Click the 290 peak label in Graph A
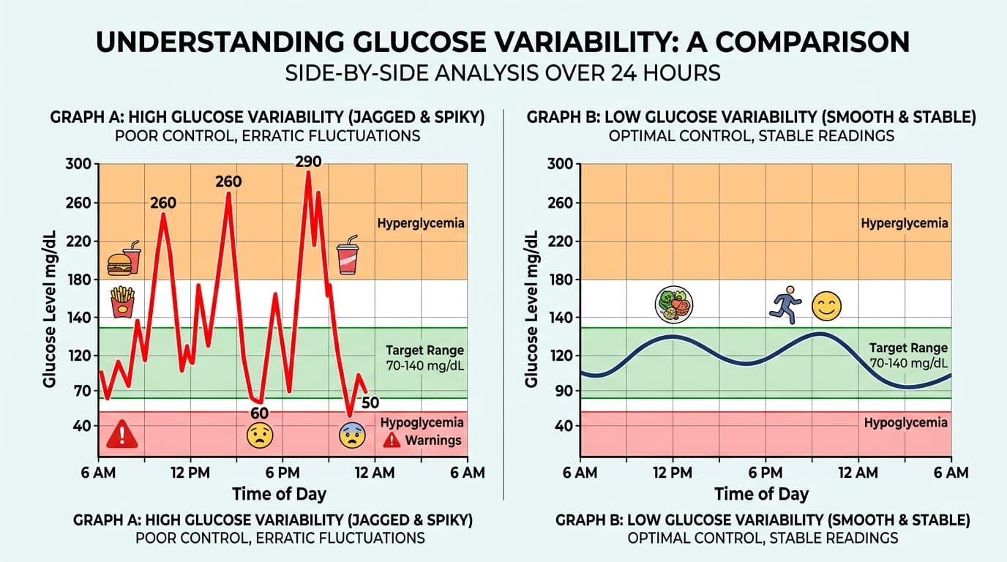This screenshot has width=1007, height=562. click(x=308, y=162)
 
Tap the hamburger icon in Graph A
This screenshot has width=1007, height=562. click(x=119, y=264)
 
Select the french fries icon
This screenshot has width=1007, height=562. click(x=123, y=301)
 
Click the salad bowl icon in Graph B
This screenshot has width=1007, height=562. click(x=673, y=304)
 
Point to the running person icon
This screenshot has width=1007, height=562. click(x=786, y=305)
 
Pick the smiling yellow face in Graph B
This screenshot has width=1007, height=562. click(x=827, y=305)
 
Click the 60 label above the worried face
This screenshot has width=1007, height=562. click(x=260, y=413)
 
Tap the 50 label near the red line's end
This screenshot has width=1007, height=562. click(x=370, y=402)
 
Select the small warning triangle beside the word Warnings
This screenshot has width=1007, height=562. click(x=392, y=440)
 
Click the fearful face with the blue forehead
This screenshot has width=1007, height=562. click(x=352, y=435)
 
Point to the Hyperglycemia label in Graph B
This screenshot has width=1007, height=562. click(x=905, y=223)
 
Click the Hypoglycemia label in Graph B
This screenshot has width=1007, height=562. click(x=905, y=423)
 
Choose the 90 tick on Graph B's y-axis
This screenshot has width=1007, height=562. click(x=563, y=391)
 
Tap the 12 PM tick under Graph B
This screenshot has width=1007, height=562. click(x=673, y=473)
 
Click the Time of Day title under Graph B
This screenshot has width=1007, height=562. click(x=761, y=494)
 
